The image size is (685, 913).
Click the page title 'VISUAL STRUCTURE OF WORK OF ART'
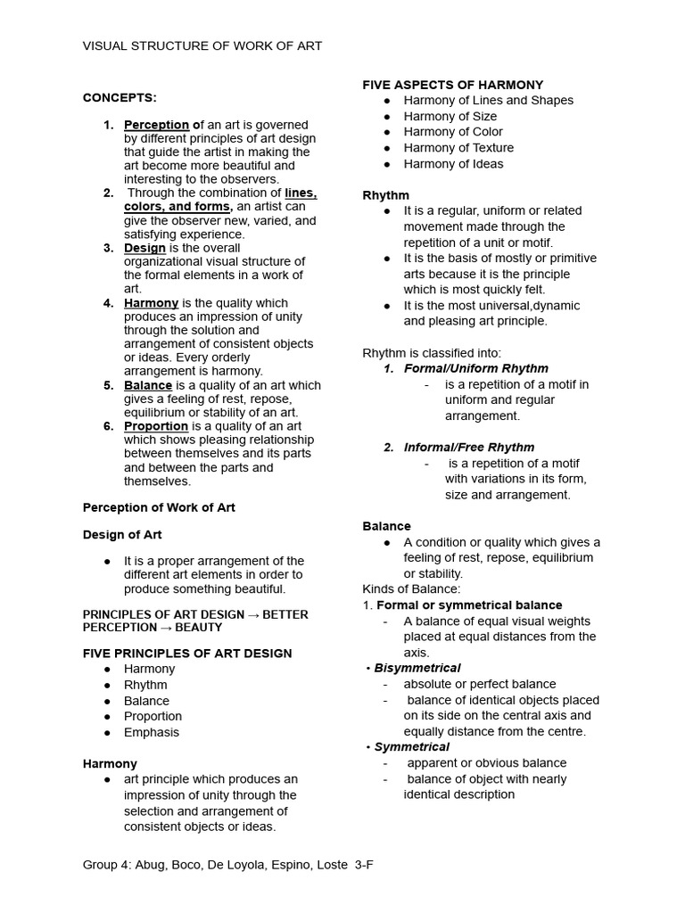pyautogui.click(x=202, y=45)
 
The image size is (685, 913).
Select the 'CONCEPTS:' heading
pyautogui.click(x=120, y=97)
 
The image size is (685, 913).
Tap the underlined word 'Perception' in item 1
pyautogui.click(x=156, y=125)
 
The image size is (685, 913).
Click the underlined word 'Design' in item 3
pyautogui.click(x=144, y=248)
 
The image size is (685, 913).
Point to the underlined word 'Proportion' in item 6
pyautogui.click(x=156, y=426)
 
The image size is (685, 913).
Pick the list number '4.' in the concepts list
pyautogui.click(x=108, y=303)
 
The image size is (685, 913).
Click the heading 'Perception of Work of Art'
pyautogui.click(x=159, y=507)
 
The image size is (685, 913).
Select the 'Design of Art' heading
pyautogui.click(x=122, y=535)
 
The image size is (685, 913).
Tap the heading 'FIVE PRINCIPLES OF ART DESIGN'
pyautogui.click(x=187, y=654)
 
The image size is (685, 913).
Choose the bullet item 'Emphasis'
pyautogui.click(x=152, y=732)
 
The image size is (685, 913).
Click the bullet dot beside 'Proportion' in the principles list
pyautogui.click(x=107, y=717)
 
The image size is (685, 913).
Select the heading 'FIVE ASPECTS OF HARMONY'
pyautogui.click(x=452, y=85)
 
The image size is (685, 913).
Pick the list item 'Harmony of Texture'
pyautogui.click(x=458, y=148)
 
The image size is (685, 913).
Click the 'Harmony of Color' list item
pyautogui.click(x=453, y=132)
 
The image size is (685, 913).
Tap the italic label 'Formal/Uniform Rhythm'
pyautogui.click(x=476, y=368)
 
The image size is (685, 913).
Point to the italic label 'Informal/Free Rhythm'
pyautogui.click(x=469, y=448)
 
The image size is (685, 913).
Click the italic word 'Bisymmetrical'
pyautogui.click(x=417, y=668)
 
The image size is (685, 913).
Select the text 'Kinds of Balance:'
pyautogui.click(x=411, y=589)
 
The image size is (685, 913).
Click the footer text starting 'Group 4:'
pyautogui.click(x=227, y=864)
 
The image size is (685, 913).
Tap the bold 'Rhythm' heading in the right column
pyautogui.click(x=386, y=195)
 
